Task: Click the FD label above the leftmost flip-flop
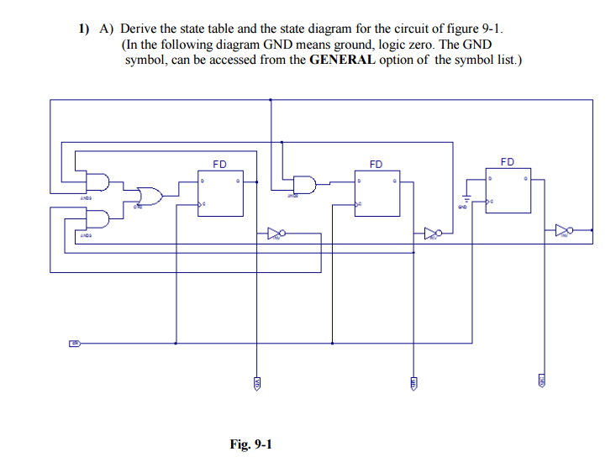click(x=219, y=164)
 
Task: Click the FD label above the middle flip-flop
click(x=376, y=164)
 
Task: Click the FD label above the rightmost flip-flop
click(x=508, y=161)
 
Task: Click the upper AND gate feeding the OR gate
click(x=98, y=182)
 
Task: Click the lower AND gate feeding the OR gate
click(x=98, y=218)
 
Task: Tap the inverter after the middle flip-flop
click(x=432, y=232)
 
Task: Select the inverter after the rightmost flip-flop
click(x=564, y=229)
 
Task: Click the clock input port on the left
click(x=74, y=343)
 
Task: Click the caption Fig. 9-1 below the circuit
click(x=250, y=444)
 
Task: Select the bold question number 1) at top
click(x=84, y=28)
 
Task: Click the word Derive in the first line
click(x=140, y=28)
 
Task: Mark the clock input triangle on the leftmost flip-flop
click(x=202, y=205)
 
